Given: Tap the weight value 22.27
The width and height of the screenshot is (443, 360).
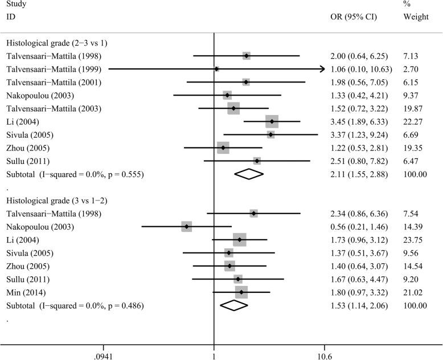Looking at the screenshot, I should [x=415, y=121].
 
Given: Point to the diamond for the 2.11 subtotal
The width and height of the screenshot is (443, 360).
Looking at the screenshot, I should [x=249, y=174].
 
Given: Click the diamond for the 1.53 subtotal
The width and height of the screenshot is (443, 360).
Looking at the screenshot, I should [x=234, y=305].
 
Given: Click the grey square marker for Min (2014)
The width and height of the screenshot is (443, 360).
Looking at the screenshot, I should [x=241, y=292].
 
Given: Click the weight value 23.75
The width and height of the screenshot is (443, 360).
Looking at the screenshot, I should [x=415, y=240].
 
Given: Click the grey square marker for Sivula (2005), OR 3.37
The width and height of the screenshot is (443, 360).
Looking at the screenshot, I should [x=270, y=134].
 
